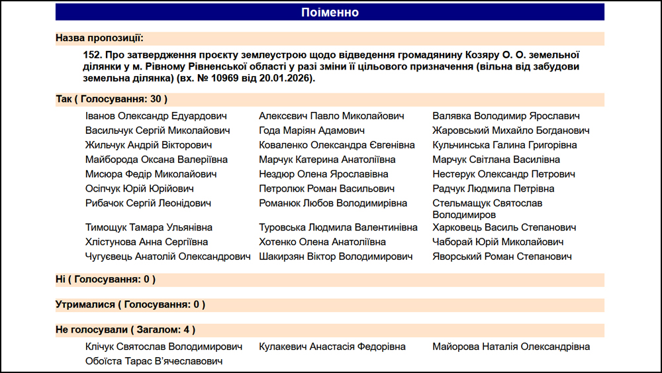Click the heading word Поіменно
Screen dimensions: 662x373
click(330, 13)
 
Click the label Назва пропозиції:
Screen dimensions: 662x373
click(99, 38)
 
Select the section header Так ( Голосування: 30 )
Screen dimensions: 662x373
click(111, 99)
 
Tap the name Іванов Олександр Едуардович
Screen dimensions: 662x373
click(156, 116)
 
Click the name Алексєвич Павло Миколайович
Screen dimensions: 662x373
click(331, 116)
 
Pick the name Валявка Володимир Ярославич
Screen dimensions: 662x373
click(506, 116)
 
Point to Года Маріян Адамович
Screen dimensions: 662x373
click(312, 131)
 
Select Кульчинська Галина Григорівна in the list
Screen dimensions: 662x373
click(504, 145)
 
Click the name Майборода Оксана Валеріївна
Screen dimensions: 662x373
click(156, 160)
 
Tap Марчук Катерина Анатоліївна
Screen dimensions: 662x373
click(327, 160)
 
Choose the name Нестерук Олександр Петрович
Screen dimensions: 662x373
click(504, 174)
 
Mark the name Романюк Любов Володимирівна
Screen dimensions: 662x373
click(333, 203)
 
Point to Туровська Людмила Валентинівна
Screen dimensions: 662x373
click(338, 227)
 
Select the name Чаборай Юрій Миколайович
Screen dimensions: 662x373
click(498, 242)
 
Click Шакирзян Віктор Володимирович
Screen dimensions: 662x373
click(336, 256)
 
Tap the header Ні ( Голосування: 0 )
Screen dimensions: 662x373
click(106, 280)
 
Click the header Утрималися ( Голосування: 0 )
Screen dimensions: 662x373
click(130, 305)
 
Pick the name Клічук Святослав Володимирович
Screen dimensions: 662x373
click(164, 346)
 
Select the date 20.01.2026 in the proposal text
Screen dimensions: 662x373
click(289, 78)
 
